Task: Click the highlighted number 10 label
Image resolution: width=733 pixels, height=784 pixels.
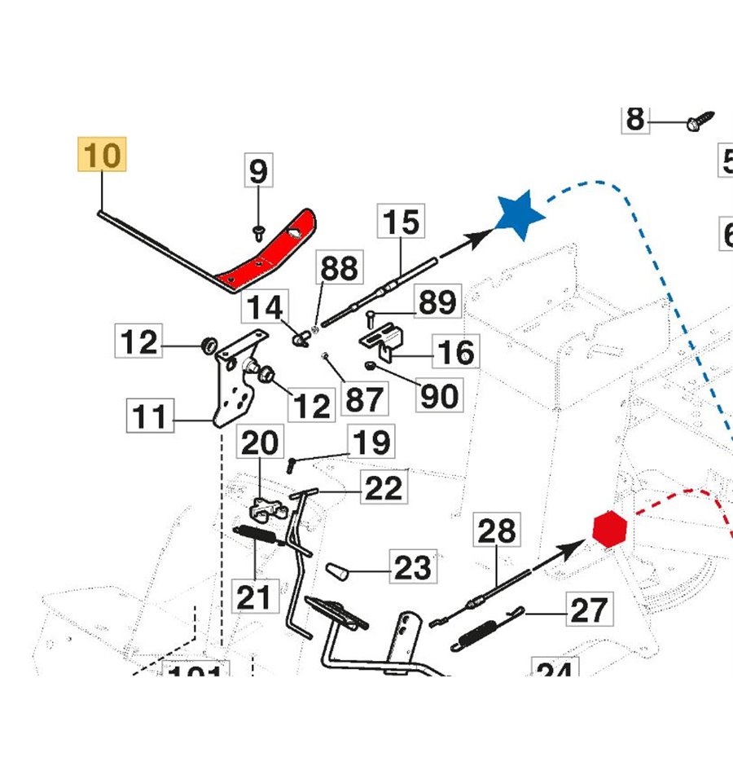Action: pyautogui.click(x=103, y=155)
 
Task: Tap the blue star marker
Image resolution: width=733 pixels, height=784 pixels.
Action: pyautogui.click(x=519, y=214)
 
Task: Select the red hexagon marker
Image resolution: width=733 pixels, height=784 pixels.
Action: pyautogui.click(x=609, y=531)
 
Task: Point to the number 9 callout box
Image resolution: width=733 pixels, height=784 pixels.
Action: pyautogui.click(x=257, y=172)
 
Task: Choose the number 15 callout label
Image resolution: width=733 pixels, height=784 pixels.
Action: pyautogui.click(x=401, y=222)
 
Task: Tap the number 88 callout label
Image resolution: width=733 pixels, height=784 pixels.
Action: pyautogui.click(x=339, y=269)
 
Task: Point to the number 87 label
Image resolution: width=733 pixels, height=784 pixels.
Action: pyautogui.click(x=363, y=399)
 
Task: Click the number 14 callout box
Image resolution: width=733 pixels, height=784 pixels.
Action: pyautogui.click(x=266, y=308)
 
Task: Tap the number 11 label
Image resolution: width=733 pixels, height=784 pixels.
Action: pyautogui.click(x=150, y=417)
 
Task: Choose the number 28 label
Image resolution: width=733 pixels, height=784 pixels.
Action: pyautogui.click(x=497, y=531)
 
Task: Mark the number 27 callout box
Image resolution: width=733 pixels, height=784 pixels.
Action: pyautogui.click(x=589, y=609)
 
